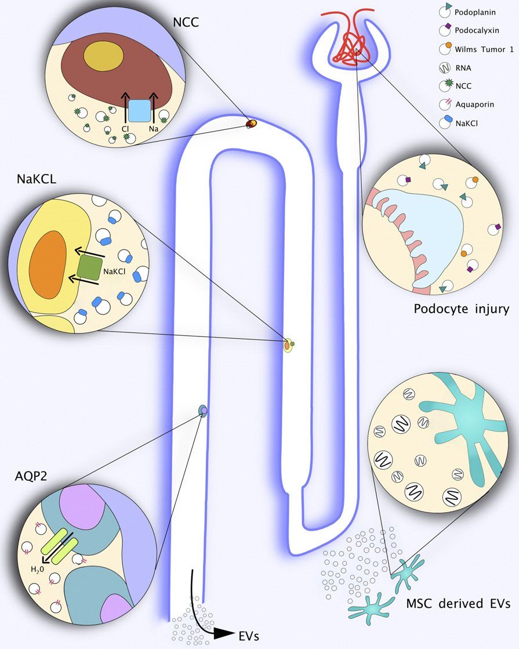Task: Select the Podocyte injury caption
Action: coord(461,309)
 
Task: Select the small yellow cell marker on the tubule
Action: coord(287,346)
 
